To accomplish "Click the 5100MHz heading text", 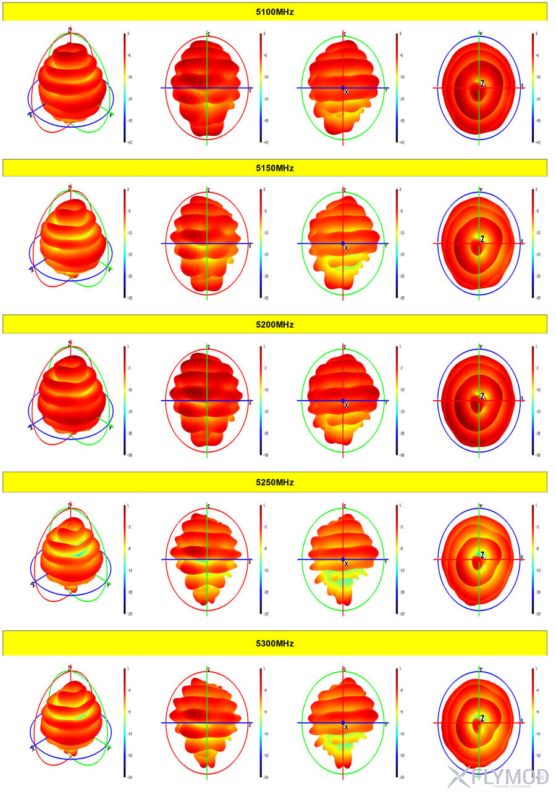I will pos(275,12).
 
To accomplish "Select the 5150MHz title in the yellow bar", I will pos(275,168).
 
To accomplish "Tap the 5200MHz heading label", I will pos(275,325).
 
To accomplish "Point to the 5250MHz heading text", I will pos(275,482).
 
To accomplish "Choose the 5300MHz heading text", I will pos(275,643).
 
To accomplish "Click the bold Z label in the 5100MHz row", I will pos(482,83).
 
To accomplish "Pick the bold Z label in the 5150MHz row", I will pos(482,239).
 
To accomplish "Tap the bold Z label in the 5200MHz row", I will pos(482,396).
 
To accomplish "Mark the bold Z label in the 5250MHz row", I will pos(482,555).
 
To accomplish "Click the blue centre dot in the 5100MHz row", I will pos(343,88).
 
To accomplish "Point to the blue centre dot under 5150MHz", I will pos(343,243).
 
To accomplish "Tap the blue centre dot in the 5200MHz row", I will pos(343,401).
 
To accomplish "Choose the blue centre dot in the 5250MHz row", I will pos(343,559).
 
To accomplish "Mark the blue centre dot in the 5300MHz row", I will pos(343,722).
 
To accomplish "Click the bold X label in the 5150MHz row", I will pos(347,248).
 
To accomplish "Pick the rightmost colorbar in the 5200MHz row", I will pos(532,401).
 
